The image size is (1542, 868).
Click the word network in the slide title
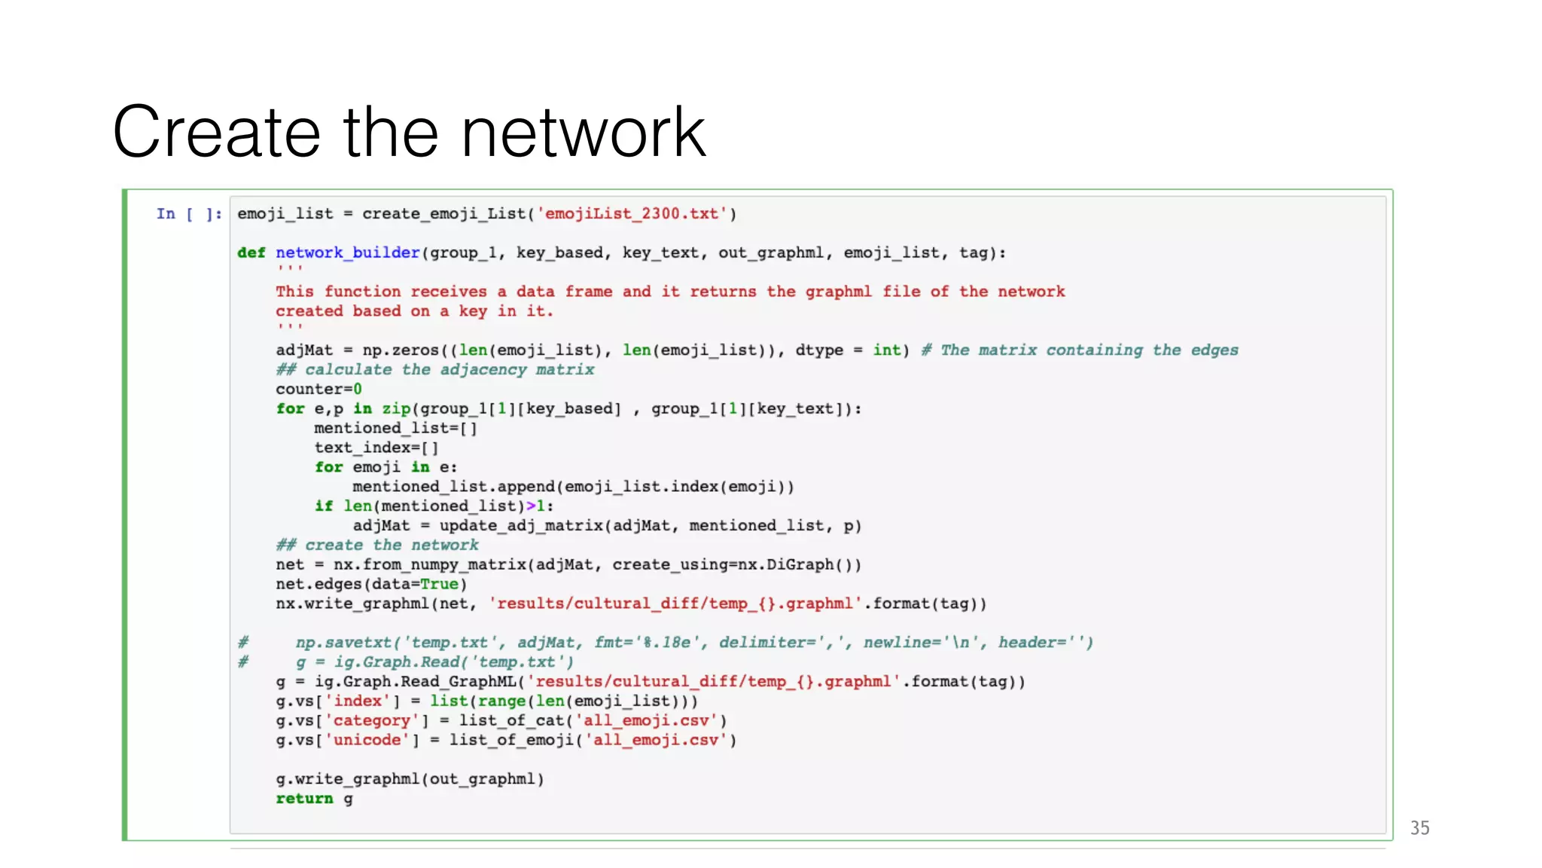pyautogui.click(x=583, y=133)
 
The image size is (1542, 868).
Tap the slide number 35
pyautogui.click(x=1419, y=828)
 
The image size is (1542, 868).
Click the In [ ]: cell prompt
pyautogui.click(x=189, y=214)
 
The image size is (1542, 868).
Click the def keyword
pyautogui.click(x=251, y=253)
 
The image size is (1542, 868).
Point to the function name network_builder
pyautogui.click(x=347, y=253)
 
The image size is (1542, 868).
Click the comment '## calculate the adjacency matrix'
pyautogui.click(x=434, y=370)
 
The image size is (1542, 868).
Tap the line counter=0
pyautogui.click(x=318, y=390)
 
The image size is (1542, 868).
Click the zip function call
pyautogui.click(x=396, y=409)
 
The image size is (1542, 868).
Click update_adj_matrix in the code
pyautogui.click(x=523, y=526)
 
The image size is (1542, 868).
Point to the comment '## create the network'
pyautogui.click(x=376, y=546)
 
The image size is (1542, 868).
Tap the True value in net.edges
pyautogui.click(x=439, y=585)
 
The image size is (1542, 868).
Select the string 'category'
pyautogui.click(x=371, y=721)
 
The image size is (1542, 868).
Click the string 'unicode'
pyautogui.click(x=367, y=741)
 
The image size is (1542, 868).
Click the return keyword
pyautogui.click(x=304, y=799)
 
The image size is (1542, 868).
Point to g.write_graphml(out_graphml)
pyautogui.click(x=410, y=779)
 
